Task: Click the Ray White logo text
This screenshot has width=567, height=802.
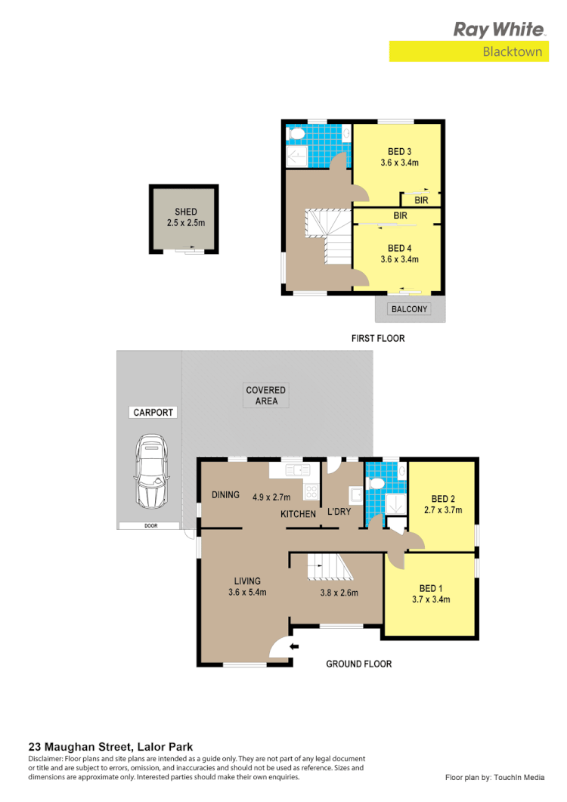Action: [499, 29]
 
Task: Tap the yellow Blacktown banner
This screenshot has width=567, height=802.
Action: [469, 51]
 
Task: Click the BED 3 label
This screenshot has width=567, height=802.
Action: [399, 151]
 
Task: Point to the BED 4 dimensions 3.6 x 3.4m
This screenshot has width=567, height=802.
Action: [399, 259]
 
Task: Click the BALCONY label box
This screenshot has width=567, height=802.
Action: [409, 309]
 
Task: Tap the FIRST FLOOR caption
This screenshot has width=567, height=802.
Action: [378, 338]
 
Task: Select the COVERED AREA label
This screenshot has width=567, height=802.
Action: [266, 395]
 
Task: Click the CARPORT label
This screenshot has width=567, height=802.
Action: [153, 413]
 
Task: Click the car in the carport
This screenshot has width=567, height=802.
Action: [151, 472]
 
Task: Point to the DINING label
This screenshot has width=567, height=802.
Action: [225, 495]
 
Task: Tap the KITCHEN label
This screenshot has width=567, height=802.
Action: [298, 514]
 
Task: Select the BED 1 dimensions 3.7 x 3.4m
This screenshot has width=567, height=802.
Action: [431, 599]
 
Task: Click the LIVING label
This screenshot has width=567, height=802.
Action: [247, 581]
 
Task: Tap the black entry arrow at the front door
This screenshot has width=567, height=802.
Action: [294, 646]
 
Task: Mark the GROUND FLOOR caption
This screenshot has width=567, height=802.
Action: [358, 664]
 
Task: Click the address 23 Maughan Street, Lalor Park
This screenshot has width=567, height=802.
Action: [103, 745]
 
